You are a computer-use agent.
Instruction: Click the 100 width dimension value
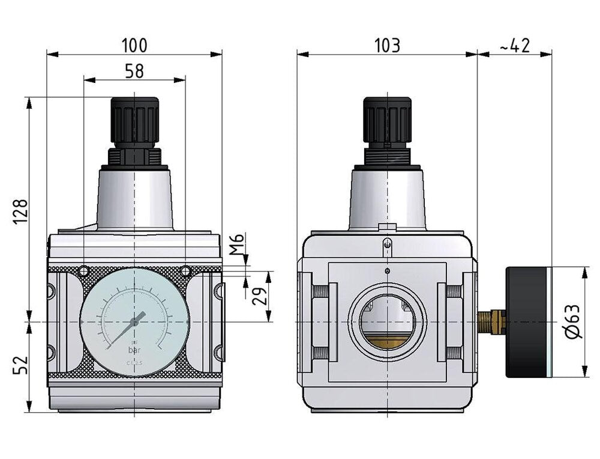pyautogui.click(x=134, y=46)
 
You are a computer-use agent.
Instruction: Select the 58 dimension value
pyautogui.click(x=134, y=71)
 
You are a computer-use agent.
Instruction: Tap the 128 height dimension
pyautogui.click(x=20, y=211)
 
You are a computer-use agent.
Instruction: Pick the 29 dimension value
pyautogui.click(x=259, y=296)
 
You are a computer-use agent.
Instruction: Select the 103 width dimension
pyautogui.click(x=387, y=46)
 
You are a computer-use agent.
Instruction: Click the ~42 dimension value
pyautogui.click(x=514, y=46)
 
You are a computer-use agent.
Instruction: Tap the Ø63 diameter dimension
pyautogui.click(x=574, y=321)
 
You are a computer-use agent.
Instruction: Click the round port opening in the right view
pyautogui.click(x=388, y=323)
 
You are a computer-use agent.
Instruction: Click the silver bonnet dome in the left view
pyautogui.click(x=134, y=198)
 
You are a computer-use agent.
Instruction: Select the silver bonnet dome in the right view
pyautogui.click(x=388, y=198)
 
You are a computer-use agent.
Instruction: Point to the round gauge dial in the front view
pyautogui.click(x=134, y=323)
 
